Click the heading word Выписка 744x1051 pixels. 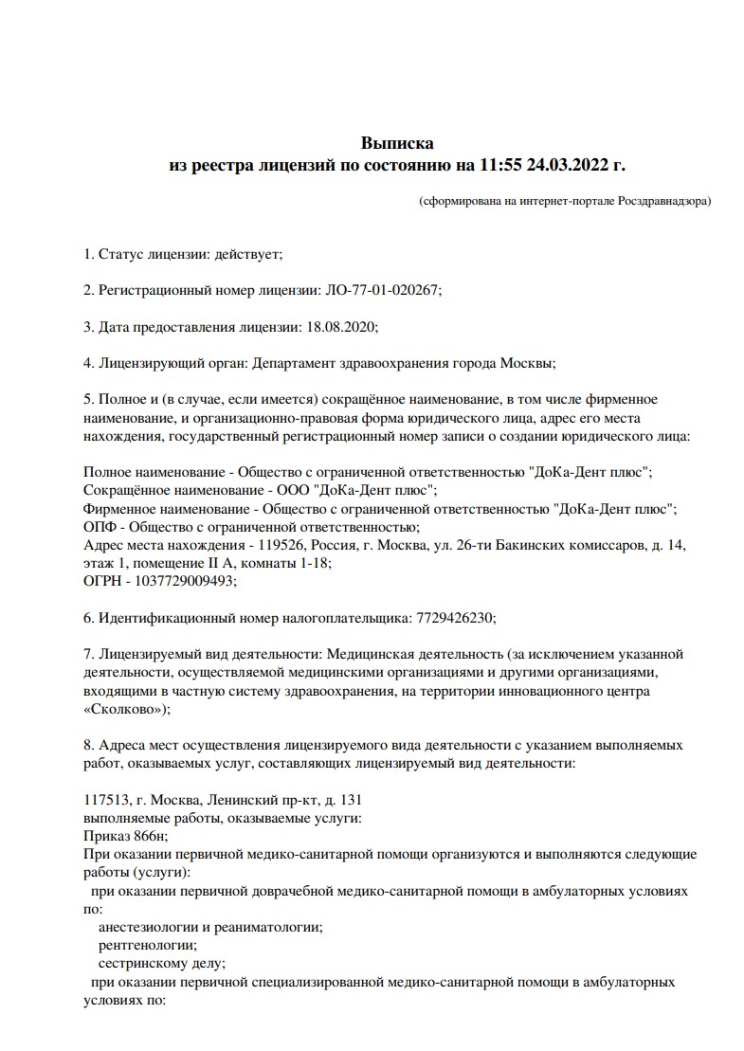coord(396,143)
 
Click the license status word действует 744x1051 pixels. coord(247,254)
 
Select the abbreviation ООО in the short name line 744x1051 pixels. coord(291,490)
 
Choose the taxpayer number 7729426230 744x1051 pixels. coord(454,617)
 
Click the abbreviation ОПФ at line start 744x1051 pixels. coord(99,527)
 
